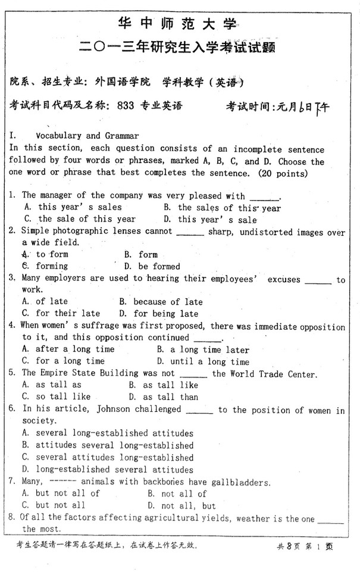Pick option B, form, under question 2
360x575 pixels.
click(148, 255)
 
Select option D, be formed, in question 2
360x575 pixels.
click(159, 267)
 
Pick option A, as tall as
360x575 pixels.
click(59, 385)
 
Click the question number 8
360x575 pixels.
click(13, 518)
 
